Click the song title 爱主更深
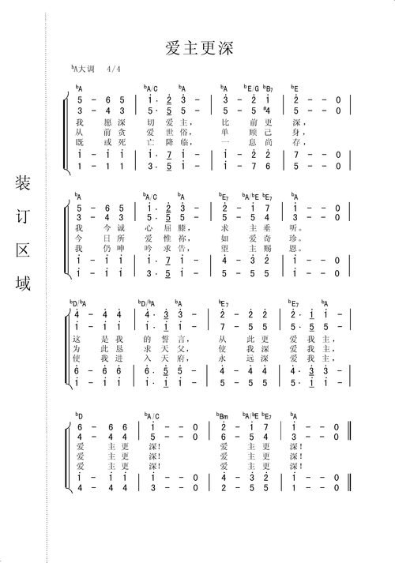click(x=197, y=49)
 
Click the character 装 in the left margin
click(x=24, y=184)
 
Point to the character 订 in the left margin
click(x=24, y=219)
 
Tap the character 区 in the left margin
click(x=24, y=252)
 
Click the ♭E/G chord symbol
click(x=251, y=88)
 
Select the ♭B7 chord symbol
click(x=269, y=88)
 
